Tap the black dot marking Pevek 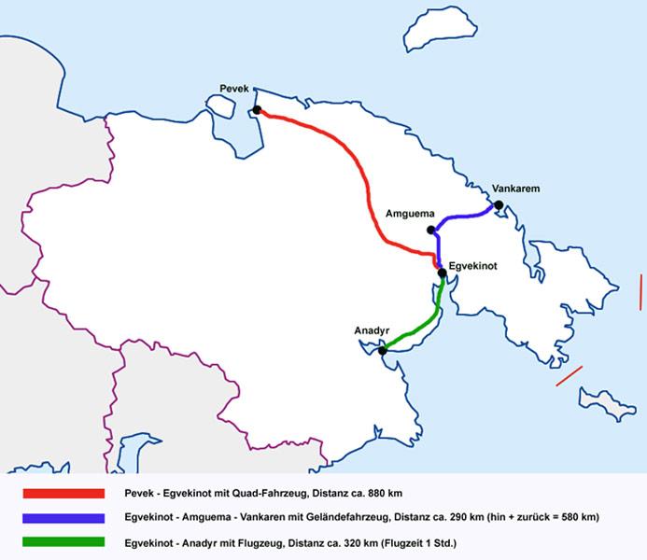(x=257, y=110)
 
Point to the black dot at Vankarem (x=499, y=205)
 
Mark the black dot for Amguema (x=430, y=230)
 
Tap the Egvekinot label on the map (x=472, y=266)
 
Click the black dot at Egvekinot (x=443, y=273)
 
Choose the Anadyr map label (x=371, y=331)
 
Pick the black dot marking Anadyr (x=383, y=351)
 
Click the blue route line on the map (x=462, y=217)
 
